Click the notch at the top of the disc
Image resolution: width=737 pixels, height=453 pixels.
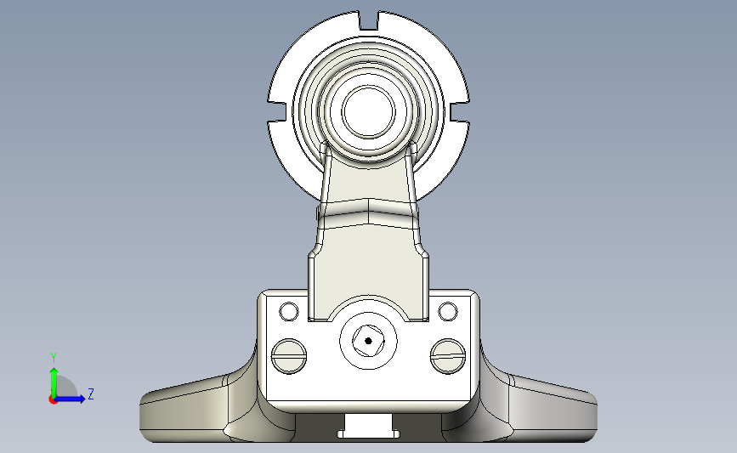[x=369, y=20]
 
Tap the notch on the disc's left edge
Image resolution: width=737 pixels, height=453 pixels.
[x=277, y=111]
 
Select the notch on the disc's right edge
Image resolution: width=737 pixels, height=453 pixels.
[x=460, y=111]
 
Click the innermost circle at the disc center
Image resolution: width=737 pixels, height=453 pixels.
[x=369, y=112]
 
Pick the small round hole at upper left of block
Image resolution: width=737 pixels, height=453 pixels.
[x=289, y=312]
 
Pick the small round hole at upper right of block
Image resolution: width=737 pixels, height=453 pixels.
[x=447, y=312]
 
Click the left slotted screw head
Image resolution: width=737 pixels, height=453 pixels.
[x=289, y=356]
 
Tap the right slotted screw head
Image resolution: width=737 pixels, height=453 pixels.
[x=448, y=356]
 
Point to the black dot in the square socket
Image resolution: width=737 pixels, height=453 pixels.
[x=369, y=341]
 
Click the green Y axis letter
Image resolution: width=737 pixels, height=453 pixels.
[x=54, y=358]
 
